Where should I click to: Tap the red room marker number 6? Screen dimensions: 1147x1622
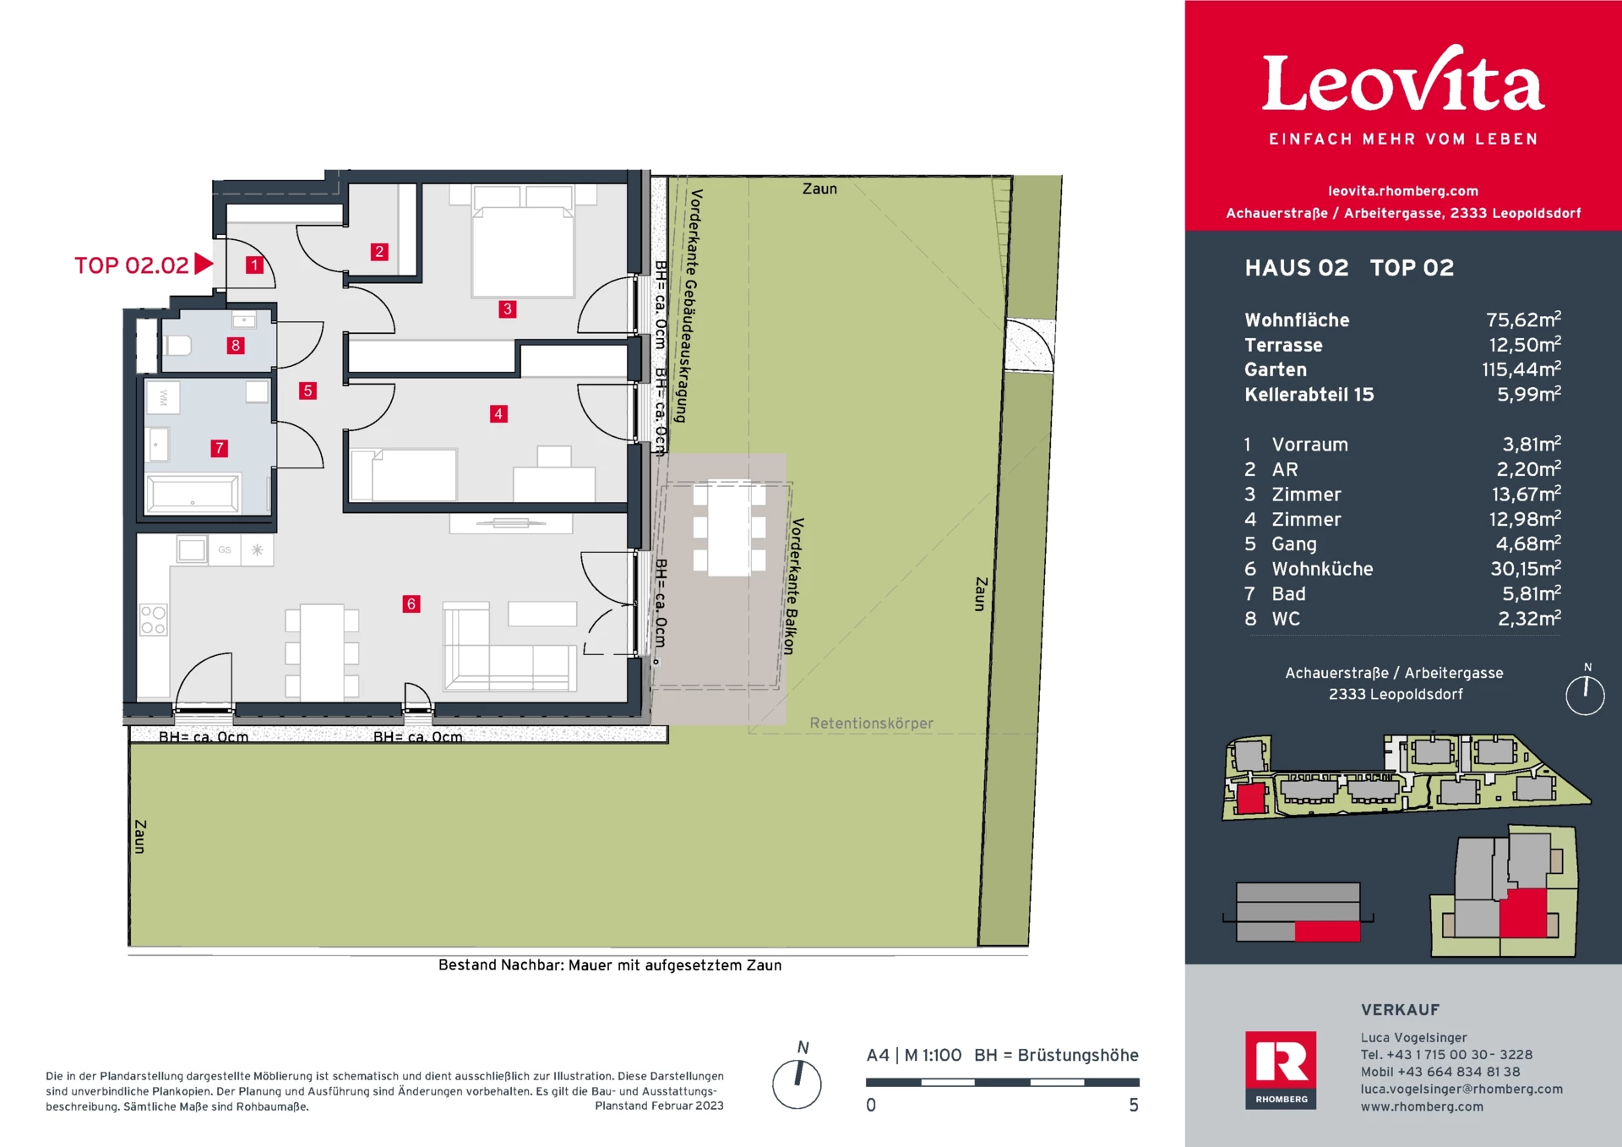[x=411, y=604]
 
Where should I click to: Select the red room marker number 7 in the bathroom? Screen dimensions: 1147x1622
[x=220, y=448]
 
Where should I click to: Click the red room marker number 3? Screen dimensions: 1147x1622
[x=507, y=309]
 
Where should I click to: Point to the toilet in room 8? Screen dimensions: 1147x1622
[x=178, y=345]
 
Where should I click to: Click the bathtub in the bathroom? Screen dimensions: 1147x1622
[x=193, y=494]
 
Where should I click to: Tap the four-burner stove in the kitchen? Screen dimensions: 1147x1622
[x=153, y=620]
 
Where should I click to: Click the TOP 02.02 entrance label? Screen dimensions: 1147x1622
[x=132, y=265]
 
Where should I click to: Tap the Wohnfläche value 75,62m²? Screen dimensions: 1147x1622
[x=1522, y=320]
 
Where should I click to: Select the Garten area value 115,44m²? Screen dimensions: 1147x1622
[x=1520, y=369]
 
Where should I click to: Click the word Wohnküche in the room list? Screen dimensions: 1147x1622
[x=1322, y=569]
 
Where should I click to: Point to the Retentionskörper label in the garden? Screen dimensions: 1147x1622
[x=871, y=724]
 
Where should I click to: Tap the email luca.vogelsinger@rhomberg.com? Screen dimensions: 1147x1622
[x=1461, y=1089]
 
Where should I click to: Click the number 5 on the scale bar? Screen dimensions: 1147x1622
[x=1134, y=1105]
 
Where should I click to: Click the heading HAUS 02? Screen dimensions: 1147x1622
[x=1296, y=268]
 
